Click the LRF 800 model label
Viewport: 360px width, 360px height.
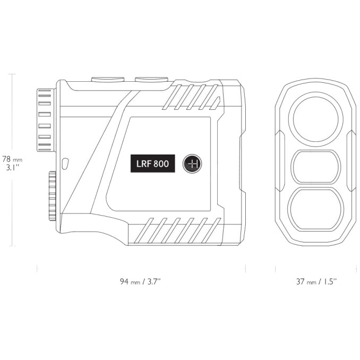(153, 164)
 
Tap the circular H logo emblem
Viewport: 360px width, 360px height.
(192, 164)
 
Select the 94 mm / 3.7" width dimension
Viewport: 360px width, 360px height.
(140, 282)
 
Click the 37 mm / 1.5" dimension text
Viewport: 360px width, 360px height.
(316, 282)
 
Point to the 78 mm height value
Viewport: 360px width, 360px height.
(12, 158)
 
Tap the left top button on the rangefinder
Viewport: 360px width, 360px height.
(108, 79)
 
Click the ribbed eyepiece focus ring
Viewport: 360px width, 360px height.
(45, 120)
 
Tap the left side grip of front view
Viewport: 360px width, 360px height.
(282, 160)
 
